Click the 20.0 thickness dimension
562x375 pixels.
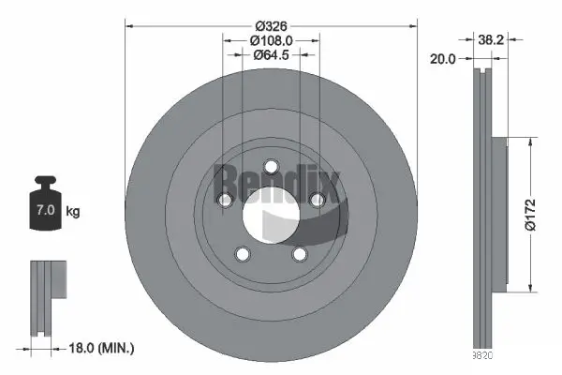point(443,58)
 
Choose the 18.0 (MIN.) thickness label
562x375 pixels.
point(102,349)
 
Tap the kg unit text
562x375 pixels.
point(72,211)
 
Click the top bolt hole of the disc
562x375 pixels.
point(272,168)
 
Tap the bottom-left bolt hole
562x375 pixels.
point(243,254)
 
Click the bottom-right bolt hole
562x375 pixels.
point(300,254)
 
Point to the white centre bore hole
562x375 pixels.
point(271,216)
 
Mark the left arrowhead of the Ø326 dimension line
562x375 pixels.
point(129,25)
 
